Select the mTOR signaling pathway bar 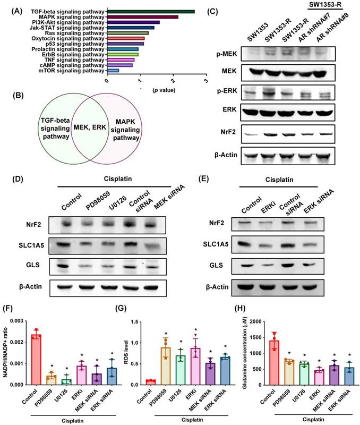pyautogui.click(x=113, y=70)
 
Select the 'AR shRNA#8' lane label pyautogui.click(x=325, y=31)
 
